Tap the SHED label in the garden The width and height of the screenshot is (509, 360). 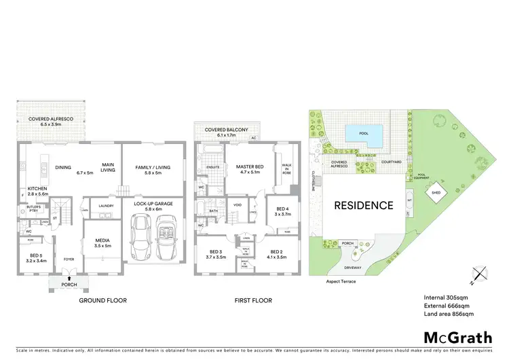pyautogui.click(x=435, y=193)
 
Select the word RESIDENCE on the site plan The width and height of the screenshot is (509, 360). pyautogui.click(x=363, y=205)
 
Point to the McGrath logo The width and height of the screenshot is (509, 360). pyautogui.click(x=458, y=337)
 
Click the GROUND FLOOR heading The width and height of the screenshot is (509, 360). pyautogui.click(x=102, y=300)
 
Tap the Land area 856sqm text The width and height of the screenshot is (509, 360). pyautogui.click(x=449, y=314)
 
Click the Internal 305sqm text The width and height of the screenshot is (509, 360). pyautogui.click(x=447, y=297)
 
